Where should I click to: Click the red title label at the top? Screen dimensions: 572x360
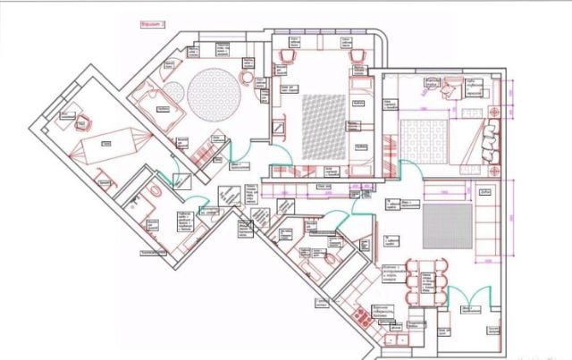coord(154,27)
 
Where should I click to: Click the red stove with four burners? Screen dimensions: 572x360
coord(365,315)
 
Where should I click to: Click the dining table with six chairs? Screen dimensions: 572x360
coord(425,278)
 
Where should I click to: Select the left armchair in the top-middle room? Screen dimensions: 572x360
coord(288,55)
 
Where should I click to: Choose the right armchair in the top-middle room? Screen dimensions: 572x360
coord(357,55)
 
